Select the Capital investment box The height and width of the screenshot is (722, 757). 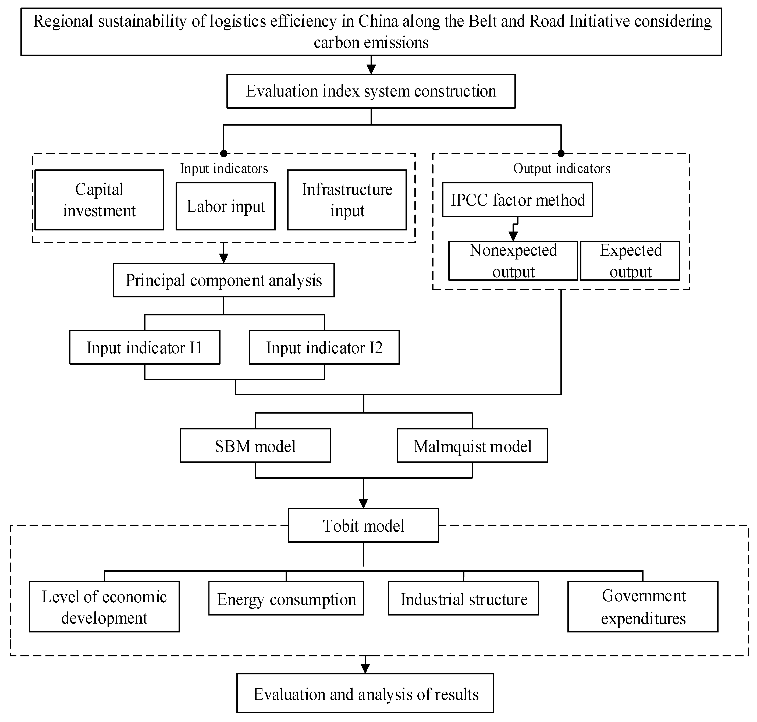(99, 200)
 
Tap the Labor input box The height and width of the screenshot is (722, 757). (226, 206)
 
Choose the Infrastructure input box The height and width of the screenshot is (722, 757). (347, 200)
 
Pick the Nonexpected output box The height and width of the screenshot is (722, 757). (513, 261)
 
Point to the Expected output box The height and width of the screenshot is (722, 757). (630, 261)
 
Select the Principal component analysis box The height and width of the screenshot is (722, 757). (223, 280)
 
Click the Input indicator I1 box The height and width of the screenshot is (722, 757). (145, 347)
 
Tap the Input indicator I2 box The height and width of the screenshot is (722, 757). (324, 347)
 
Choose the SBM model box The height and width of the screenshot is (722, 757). (255, 446)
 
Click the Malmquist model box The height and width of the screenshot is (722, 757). (472, 446)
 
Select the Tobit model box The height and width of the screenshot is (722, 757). (363, 526)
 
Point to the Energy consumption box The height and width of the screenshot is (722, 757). (286, 599)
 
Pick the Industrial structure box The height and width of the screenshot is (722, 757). (463, 599)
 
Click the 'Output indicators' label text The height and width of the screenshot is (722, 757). (561, 169)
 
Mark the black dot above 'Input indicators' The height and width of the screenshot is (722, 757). (223, 154)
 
